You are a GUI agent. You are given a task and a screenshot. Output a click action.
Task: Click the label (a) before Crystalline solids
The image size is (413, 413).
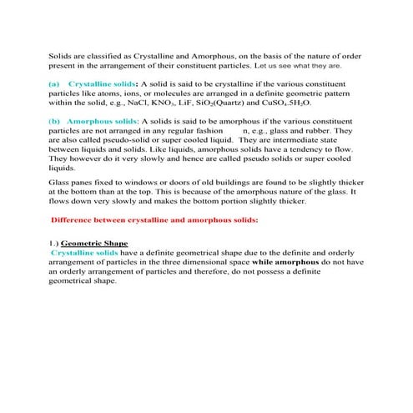pyautogui.click(x=54, y=84)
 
